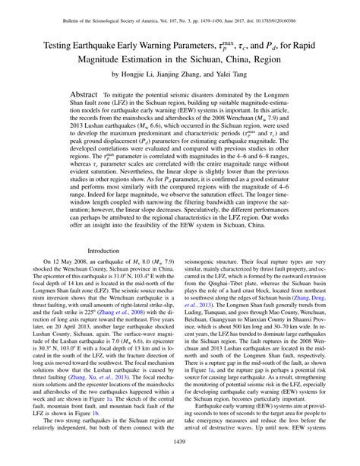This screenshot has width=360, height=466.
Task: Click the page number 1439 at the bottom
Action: coord(181,443)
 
